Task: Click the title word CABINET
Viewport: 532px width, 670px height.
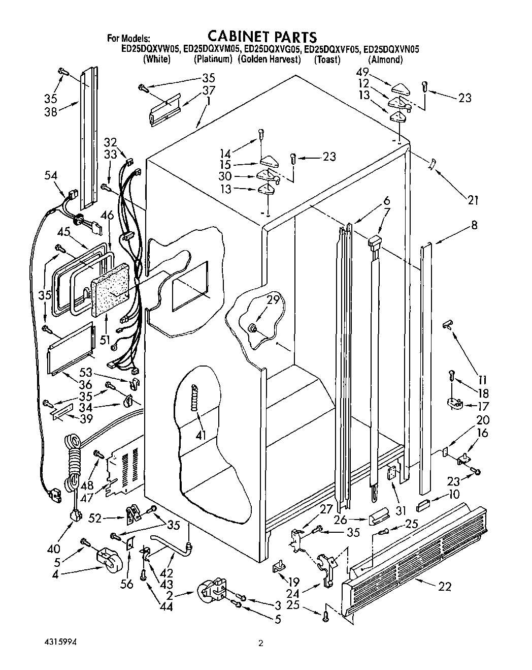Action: [x=237, y=37]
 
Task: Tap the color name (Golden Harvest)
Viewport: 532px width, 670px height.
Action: [x=270, y=59]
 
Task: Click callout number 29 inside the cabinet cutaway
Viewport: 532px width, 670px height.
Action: [x=273, y=300]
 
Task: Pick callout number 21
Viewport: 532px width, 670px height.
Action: [x=473, y=200]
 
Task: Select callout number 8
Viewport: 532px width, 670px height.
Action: [x=474, y=225]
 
